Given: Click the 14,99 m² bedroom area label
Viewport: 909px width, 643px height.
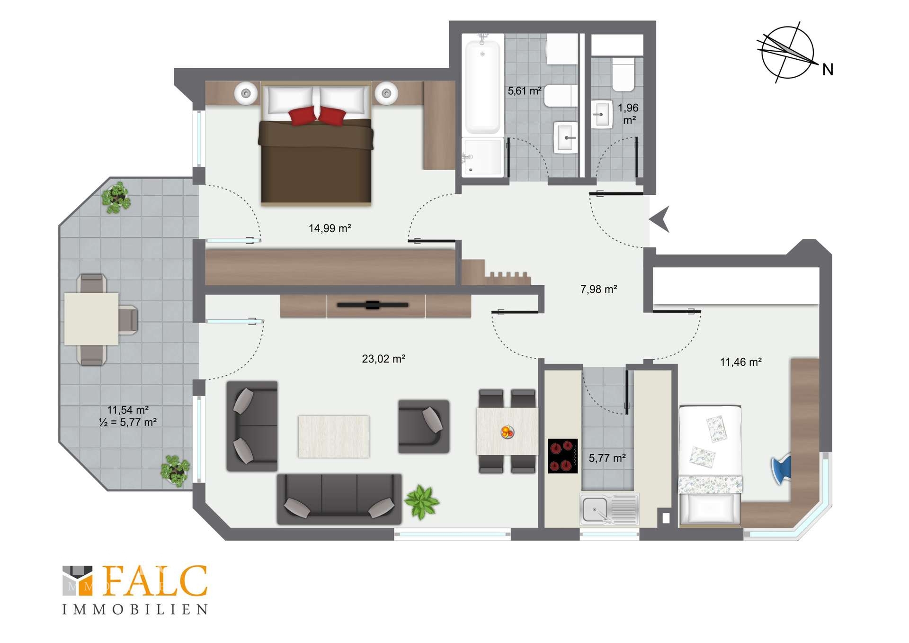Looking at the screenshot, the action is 330,228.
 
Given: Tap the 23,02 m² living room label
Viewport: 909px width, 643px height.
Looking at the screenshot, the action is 383,359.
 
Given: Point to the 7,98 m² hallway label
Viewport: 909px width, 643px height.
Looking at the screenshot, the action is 598,289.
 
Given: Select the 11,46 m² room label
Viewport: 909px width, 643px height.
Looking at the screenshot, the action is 741,362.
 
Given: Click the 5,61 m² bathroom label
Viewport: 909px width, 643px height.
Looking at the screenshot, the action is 525,91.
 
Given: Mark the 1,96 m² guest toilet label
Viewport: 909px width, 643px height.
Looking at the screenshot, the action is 628,114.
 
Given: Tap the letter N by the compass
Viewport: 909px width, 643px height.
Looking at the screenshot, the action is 828,70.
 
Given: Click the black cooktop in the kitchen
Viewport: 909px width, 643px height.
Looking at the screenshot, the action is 563,456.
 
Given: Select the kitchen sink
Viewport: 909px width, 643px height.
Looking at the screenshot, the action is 609,509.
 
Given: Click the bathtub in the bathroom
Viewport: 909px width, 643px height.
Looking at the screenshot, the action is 482,87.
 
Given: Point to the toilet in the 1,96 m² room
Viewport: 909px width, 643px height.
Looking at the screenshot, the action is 623,74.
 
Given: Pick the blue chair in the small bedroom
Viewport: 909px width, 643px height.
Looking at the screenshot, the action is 782,470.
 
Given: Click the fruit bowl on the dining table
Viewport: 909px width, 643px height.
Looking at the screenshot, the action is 507,432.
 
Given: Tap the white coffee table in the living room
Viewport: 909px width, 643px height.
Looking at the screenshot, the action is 333,436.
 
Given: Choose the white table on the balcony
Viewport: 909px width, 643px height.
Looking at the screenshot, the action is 91,319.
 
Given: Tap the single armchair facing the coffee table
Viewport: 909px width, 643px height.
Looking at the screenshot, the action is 424,426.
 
